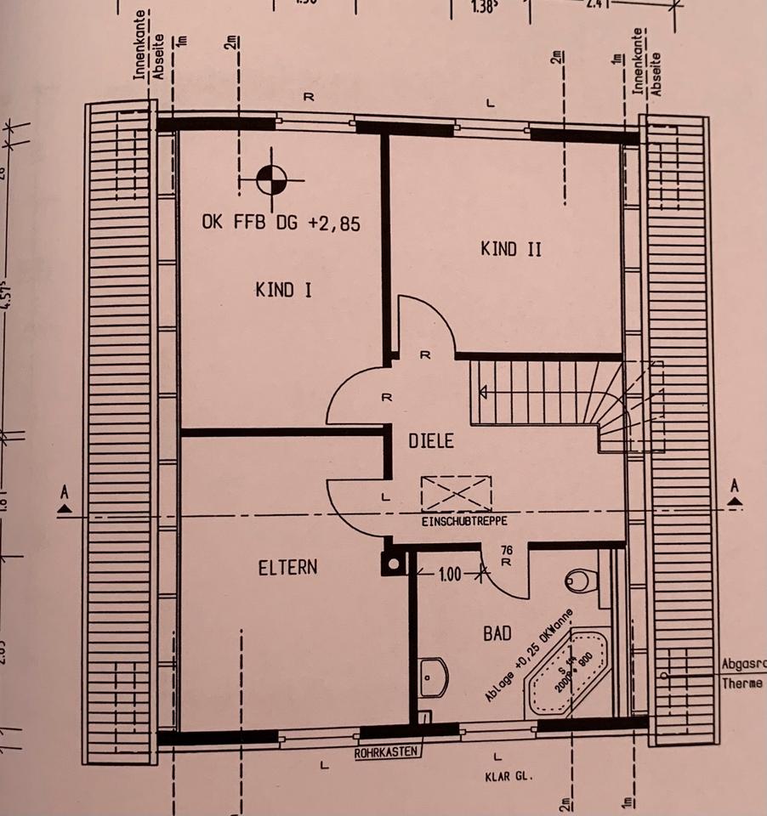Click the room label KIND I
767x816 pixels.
click(283, 290)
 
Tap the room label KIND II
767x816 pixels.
click(510, 249)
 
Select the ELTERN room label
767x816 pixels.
click(287, 567)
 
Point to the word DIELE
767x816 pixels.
click(431, 441)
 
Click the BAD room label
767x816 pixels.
click(497, 633)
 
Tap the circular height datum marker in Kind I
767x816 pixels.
click(270, 180)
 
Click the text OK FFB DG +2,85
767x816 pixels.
click(281, 224)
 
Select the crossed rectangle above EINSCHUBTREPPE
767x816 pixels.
click(456, 493)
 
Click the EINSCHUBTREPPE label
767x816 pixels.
click(463, 520)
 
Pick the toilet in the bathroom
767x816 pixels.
click(581, 581)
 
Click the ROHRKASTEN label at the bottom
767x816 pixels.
click(389, 752)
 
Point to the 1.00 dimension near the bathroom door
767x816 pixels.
click(450, 575)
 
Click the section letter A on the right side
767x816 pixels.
click(735, 487)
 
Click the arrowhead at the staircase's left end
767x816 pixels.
click(482, 392)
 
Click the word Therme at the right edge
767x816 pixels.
click(743, 684)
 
